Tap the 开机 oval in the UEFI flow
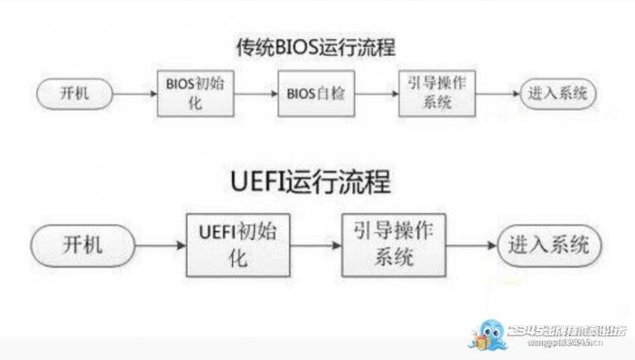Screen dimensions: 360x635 [x=82, y=246]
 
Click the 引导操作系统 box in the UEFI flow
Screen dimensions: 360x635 [x=392, y=246]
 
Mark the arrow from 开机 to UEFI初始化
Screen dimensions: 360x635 [x=161, y=246]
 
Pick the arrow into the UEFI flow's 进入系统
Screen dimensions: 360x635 [x=470, y=246]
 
